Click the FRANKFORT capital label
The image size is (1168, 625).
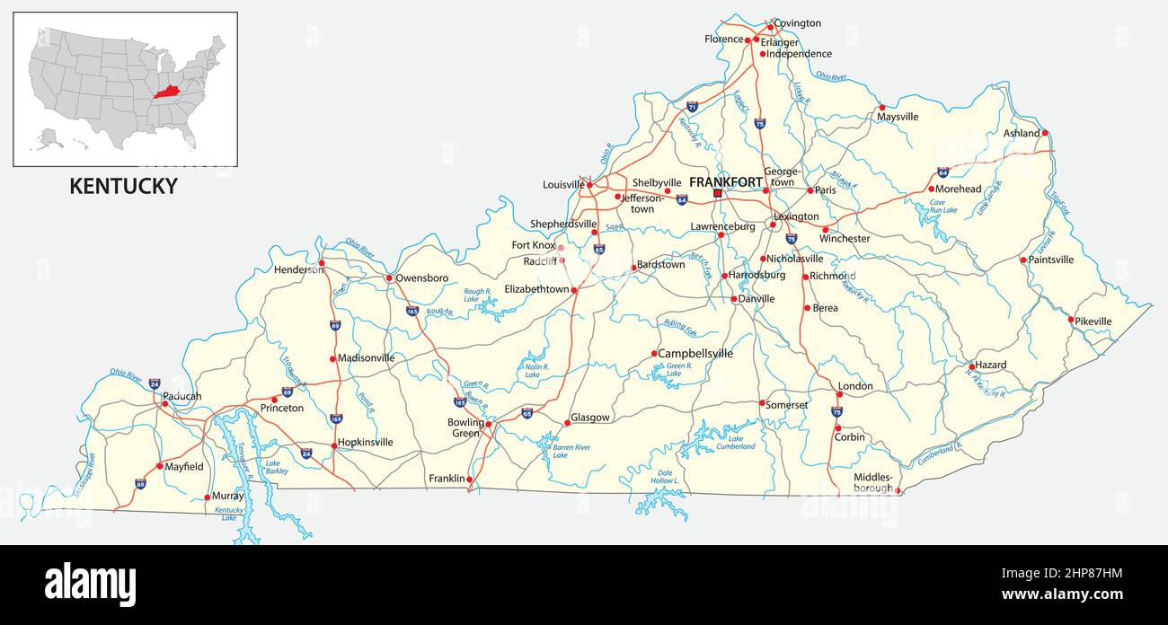pyautogui.click(x=725, y=182)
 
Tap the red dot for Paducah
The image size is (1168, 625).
pyautogui.click(x=164, y=404)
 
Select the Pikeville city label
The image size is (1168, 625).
pyautogui.click(x=1094, y=321)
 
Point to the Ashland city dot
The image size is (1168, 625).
pyautogui.click(x=1045, y=133)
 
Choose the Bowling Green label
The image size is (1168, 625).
pyautogui.click(x=465, y=427)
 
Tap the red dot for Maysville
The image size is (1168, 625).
pyautogui.click(x=881, y=107)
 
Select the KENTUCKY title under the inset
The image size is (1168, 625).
pyautogui.click(x=124, y=186)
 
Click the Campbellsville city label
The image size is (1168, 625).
pyautogui.click(x=695, y=354)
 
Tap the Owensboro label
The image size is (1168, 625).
pyautogui.click(x=422, y=278)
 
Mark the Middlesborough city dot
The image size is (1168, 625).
pyautogui.click(x=898, y=490)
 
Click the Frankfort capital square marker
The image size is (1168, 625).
pyautogui.click(x=717, y=193)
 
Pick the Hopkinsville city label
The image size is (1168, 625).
pyautogui.click(x=366, y=442)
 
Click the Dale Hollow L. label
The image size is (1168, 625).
pyautogui.click(x=666, y=476)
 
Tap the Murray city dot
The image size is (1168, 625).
pyautogui.click(x=208, y=497)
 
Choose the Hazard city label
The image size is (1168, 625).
pyautogui.click(x=991, y=365)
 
